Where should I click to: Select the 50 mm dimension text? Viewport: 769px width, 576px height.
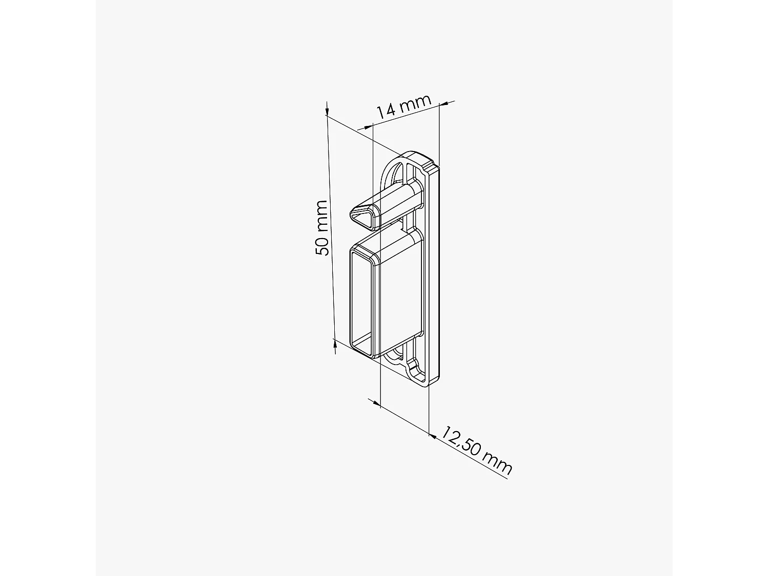(x=322, y=228)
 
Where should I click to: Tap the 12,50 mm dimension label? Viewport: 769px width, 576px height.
(x=476, y=450)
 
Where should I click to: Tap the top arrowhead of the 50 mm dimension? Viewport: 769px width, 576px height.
(x=327, y=109)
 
